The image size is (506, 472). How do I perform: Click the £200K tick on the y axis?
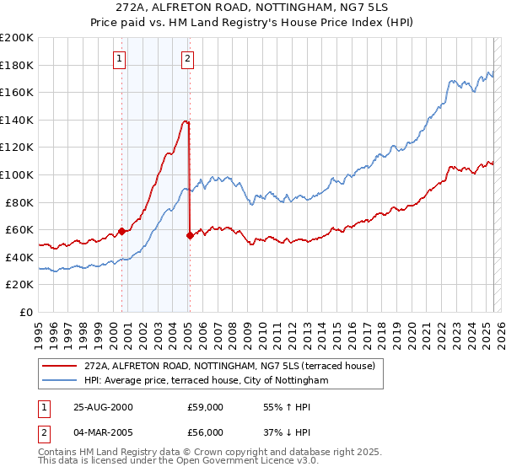point(17,38)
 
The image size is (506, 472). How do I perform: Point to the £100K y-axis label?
point(17,174)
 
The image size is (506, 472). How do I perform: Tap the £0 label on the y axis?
point(27,312)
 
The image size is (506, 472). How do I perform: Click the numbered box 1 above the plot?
point(120,59)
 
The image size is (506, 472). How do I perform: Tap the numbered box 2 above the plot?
point(186,59)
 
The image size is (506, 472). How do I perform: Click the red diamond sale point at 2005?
point(190,235)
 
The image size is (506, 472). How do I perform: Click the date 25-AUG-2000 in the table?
point(103,407)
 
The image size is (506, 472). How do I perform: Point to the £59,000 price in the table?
point(205,407)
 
